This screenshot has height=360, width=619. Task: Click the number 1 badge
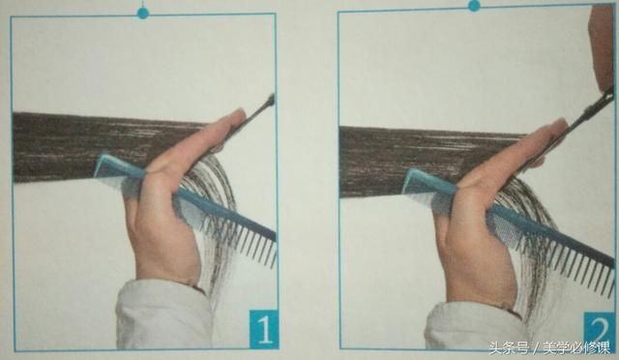tap(263, 329)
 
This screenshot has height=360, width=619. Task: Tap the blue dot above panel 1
tap(143, 14)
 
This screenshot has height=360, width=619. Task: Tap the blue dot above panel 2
tap(474, 6)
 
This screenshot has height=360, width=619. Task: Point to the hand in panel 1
tap(174, 197)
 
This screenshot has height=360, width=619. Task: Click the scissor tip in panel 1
tap(271, 98)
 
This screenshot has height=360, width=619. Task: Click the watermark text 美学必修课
tap(576, 348)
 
